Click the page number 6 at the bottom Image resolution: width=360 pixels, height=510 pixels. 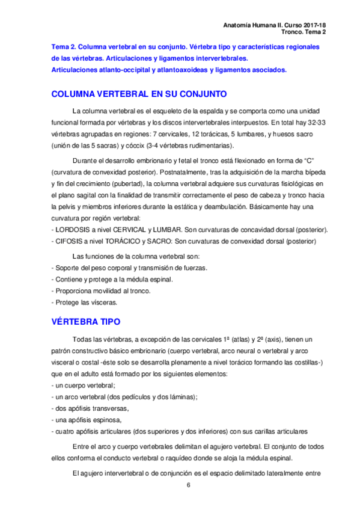[x=189, y=485]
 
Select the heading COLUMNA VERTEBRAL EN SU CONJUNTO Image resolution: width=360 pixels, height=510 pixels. [x=139, y=94]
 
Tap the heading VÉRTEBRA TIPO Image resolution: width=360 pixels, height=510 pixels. [x=86, y=322]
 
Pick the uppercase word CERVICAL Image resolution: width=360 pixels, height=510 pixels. [x=128, y=230]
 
